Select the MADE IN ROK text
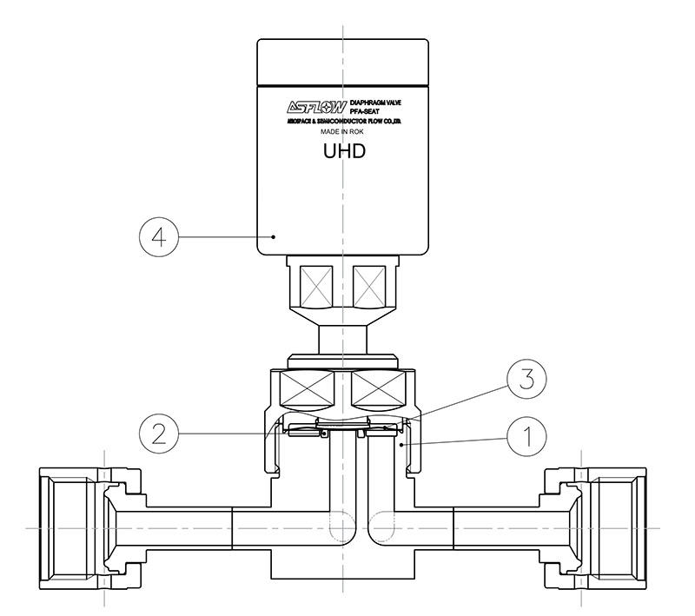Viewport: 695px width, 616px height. click(344, 133)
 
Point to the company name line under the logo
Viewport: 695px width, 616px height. click(344, 123)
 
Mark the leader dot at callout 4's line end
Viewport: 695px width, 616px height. click(275, 235)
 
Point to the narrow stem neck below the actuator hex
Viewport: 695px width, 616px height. click(345, 336)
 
